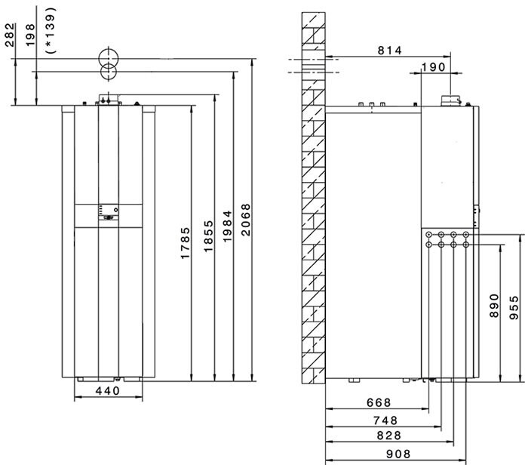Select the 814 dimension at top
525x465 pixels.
pyautogui.click(x=388, y=50)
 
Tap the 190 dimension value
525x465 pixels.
pyautogui.click(x=433, y=67)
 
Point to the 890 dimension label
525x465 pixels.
pyautogui.click(x=495, y=306)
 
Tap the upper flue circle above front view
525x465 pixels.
pyautogui.click(x=107, y=57)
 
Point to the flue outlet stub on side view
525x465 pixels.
pyautogui.click(x=450, y=100)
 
